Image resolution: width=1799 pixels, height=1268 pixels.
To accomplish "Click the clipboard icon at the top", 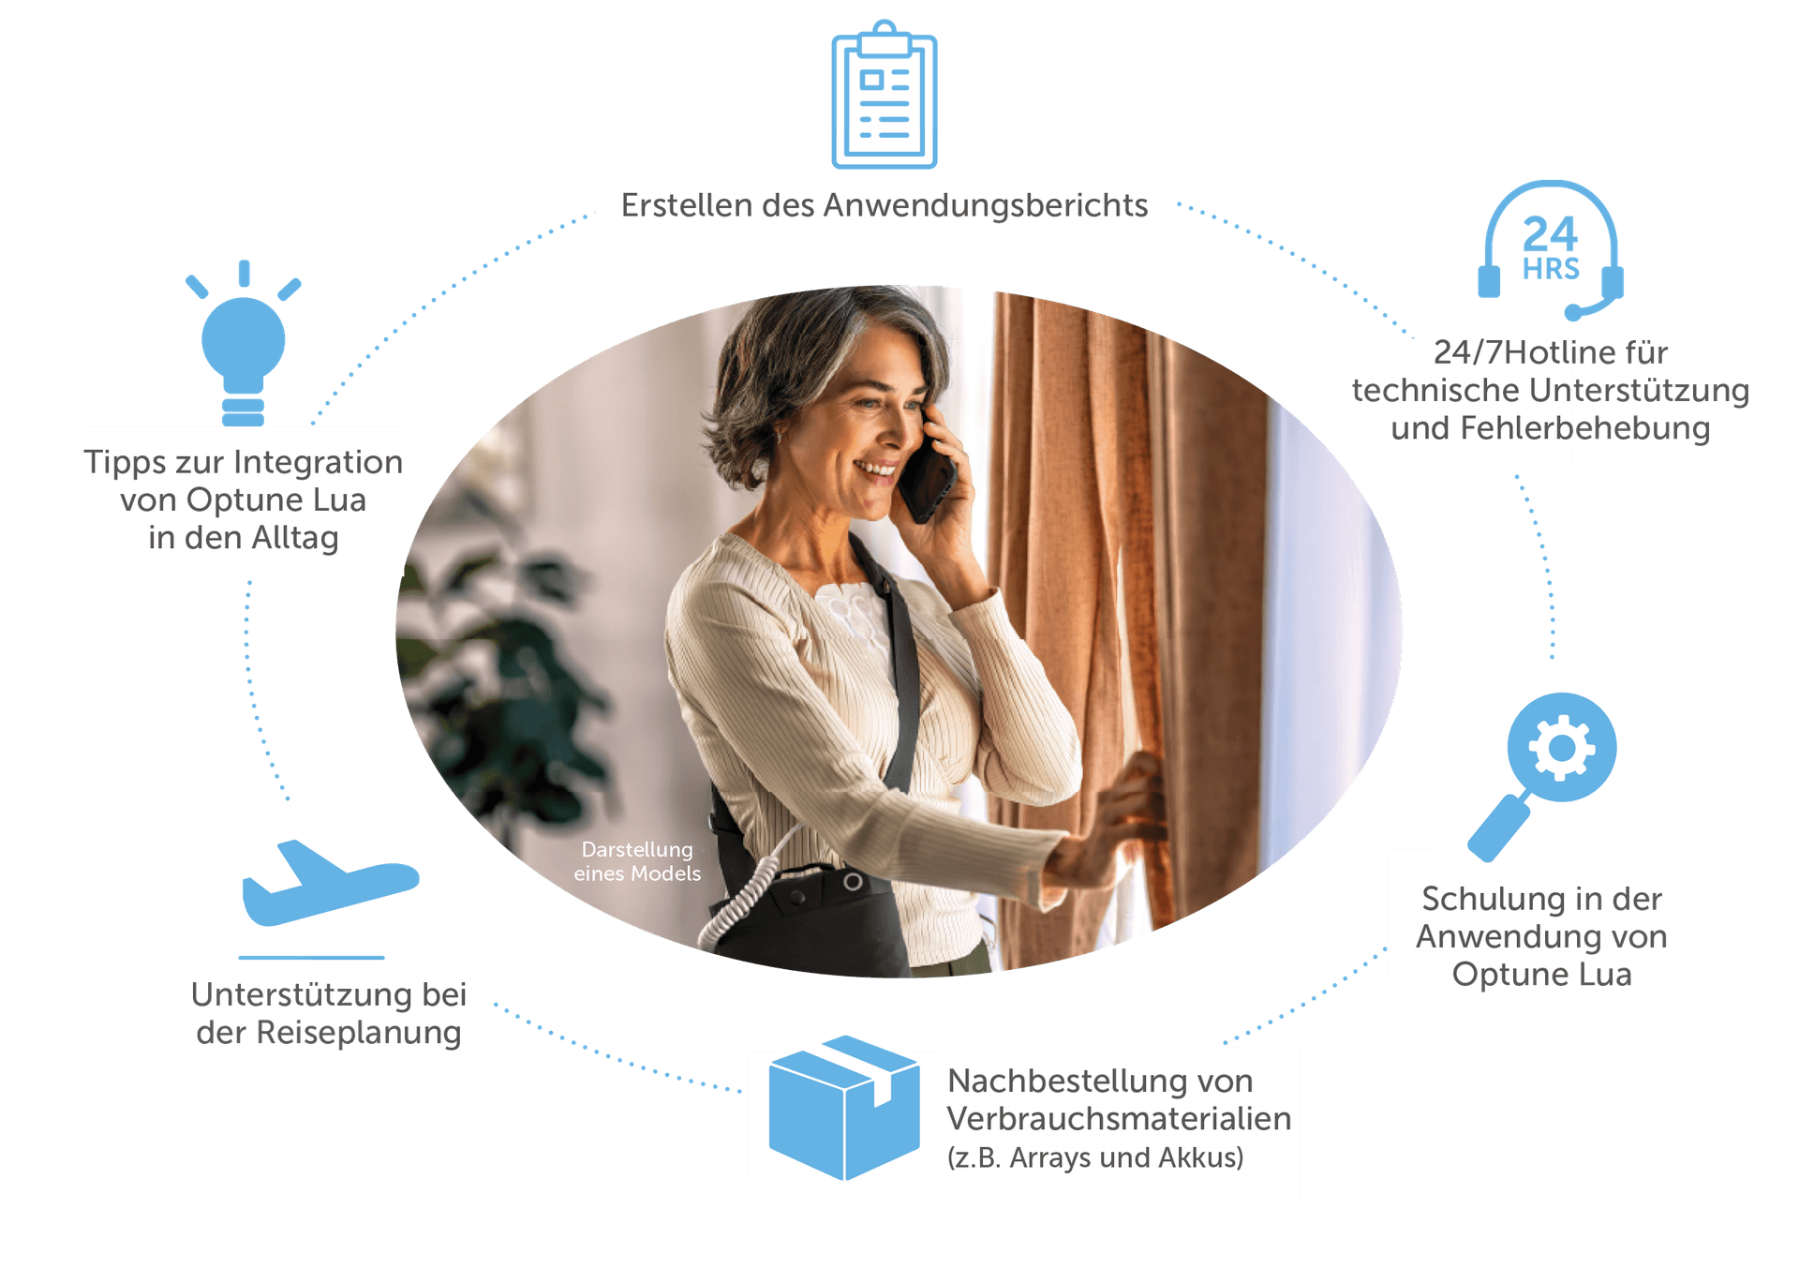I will (884, 96).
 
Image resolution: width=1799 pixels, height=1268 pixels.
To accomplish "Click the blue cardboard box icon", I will (843, 1107).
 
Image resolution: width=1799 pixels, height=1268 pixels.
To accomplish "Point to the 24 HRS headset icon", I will (1552, 248).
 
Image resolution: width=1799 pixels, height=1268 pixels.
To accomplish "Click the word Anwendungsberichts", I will (985, 205).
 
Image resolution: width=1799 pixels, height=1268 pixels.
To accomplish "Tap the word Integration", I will (318, 462).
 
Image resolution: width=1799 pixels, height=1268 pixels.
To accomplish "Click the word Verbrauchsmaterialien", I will (1119, 1118).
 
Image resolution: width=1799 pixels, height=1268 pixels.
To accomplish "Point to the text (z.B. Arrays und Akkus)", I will (1095, 1157).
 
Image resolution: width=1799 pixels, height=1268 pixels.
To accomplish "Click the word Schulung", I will (1494, 899).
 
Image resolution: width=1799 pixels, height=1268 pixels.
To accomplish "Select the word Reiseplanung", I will (357, 1032).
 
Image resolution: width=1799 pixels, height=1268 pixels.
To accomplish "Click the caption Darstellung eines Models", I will (637, 861).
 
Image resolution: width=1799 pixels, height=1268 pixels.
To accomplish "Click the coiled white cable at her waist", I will (740, 901).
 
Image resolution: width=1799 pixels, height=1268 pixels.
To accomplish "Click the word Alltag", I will (295, 538).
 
